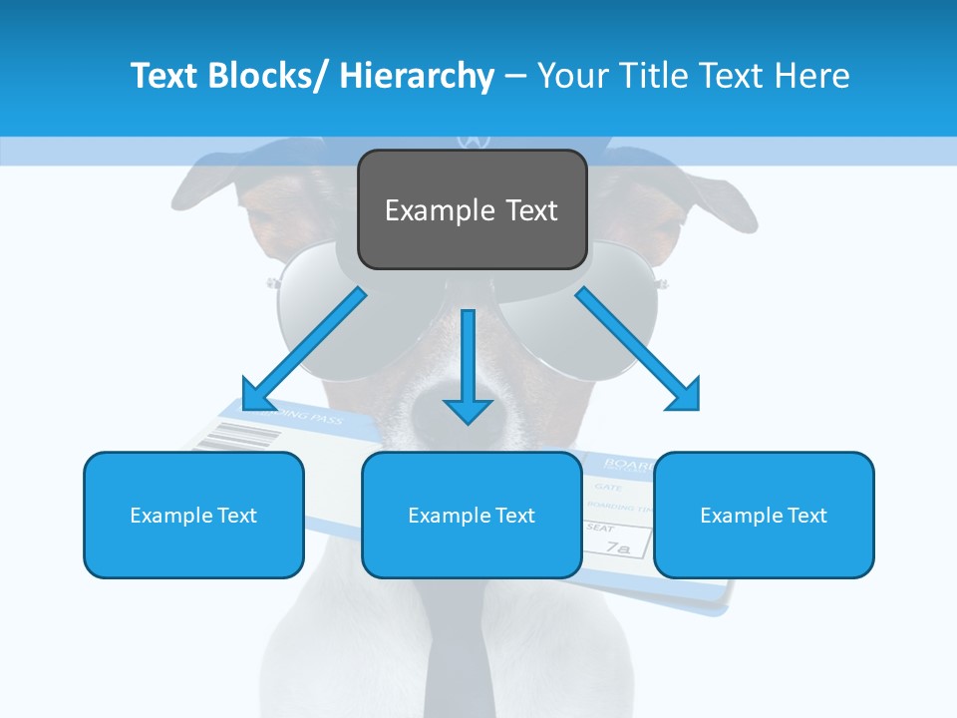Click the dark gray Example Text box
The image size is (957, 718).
pyautogui.click(x=472, y=209)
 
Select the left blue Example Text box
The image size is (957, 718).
pyautogui.click(x=193, y=515)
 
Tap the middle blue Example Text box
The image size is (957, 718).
pyautogui.click(x=472, y=515)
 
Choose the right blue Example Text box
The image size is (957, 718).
pyautogui.click(x=764, y=515)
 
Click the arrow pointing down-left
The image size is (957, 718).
pyautogui.click(x=304, y=348)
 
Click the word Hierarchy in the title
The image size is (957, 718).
pyautogui.click(x=417, y=76)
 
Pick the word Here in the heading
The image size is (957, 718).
pyautogui.click(x=814, y=76)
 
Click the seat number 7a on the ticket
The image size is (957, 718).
pyautogui.click(x=619, y=547)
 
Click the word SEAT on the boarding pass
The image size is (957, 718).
pyautogui.click(x=600, y=528)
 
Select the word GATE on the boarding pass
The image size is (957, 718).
pyautogui.click(x=607, y=487)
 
